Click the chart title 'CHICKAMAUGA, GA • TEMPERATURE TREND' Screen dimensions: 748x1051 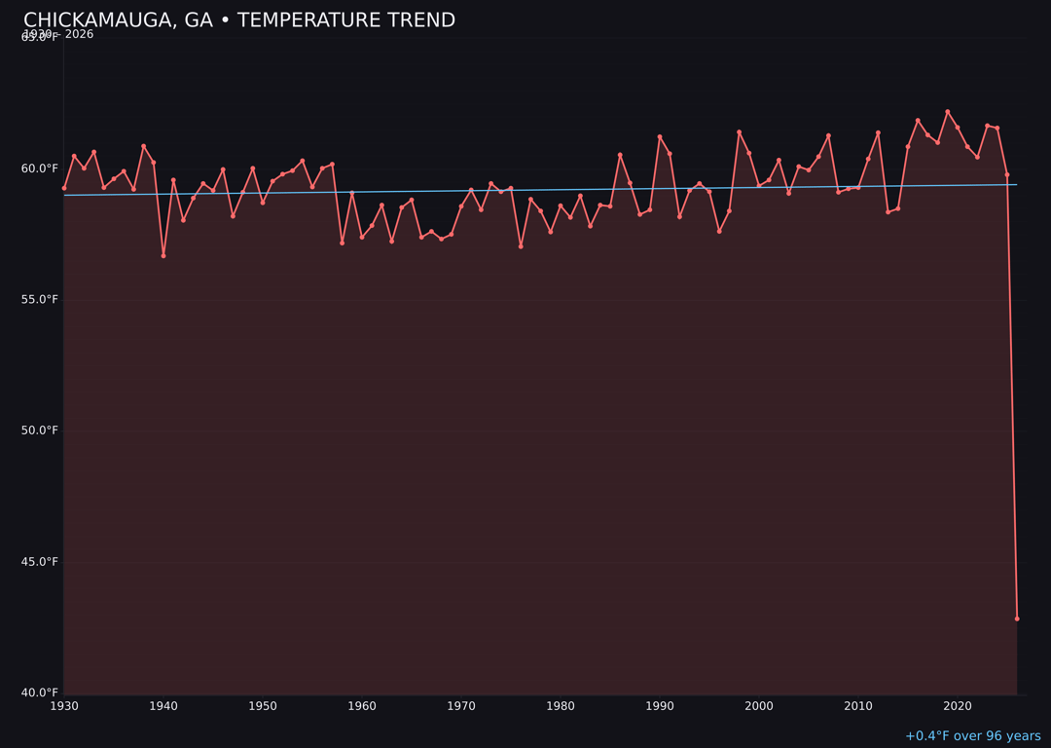(x=239, y=20)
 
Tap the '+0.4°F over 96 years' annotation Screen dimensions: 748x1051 (x=972, y=736)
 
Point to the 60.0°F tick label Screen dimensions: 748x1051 (x=40, y=168)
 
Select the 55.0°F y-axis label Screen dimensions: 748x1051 (x=40, y=299)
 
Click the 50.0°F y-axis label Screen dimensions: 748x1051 (x=40, y=430)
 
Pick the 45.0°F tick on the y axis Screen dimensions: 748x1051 (x=40, y=562)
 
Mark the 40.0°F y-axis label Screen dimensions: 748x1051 (x=40, y=692)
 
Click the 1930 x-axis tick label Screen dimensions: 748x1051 (x=64, y=706)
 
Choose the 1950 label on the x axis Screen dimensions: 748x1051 (x=263, y=706)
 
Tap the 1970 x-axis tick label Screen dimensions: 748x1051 (x=461, y=706)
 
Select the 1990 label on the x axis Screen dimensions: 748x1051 (x=660, y=706)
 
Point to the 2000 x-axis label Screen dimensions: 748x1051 (x=759, y=706)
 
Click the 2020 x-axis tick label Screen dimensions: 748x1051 (x=958, y=706)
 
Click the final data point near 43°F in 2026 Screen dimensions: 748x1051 (x=1017, y=618)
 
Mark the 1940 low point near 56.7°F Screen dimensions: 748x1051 (x=163, y=255)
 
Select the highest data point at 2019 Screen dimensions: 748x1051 (x=948, y=112)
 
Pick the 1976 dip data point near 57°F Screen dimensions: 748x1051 (x=521, y=246)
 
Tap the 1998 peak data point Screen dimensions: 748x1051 (x=739, y=132)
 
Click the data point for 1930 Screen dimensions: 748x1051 (x=64, y=188)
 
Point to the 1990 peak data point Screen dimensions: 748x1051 (x=660, y=137)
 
